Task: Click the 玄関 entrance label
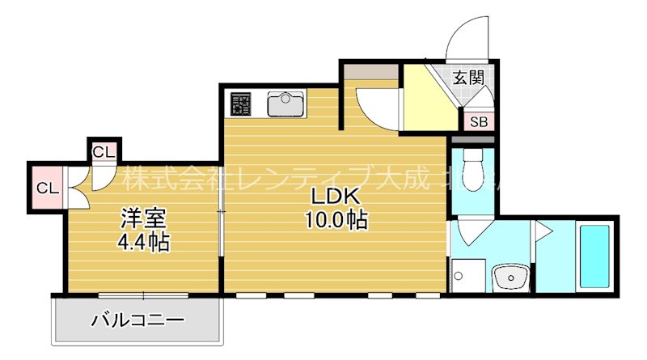468,78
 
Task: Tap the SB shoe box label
479,122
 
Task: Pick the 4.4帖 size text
144,240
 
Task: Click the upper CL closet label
104,151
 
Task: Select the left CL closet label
47,188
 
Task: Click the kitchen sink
285,104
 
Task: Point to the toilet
472,171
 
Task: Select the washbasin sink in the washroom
511,277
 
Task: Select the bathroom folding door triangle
541,234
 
